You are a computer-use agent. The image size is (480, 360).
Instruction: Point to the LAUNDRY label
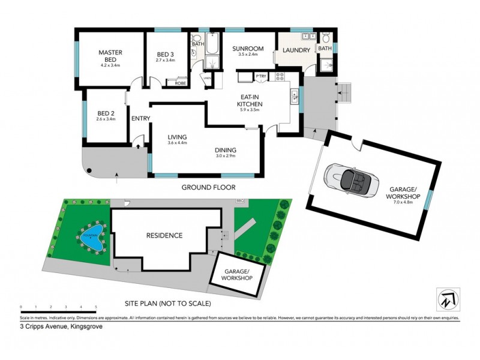coord(296,51)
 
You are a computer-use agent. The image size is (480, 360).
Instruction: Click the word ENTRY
coord(140,118)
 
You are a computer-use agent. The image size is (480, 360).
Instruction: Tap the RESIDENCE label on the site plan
coord(164,236)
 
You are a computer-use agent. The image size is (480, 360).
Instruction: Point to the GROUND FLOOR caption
coord(208,188)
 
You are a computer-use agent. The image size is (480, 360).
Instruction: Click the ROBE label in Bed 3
coord(179,83)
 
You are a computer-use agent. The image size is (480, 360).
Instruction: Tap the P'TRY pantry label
coord(260,76)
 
